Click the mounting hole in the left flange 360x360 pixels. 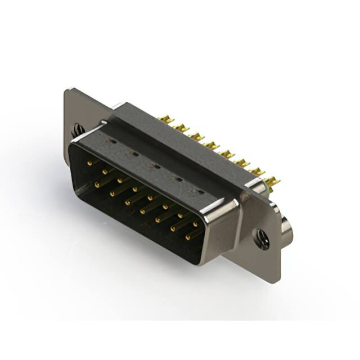[x=78, y=130]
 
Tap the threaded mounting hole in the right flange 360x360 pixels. [x=262, y=239]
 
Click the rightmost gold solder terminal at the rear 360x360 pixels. [x=272, y=182]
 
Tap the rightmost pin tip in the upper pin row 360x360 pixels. [x=195, y=224]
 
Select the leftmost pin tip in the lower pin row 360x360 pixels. [x=97, y=184]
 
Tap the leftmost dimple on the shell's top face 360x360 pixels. [x=113, y=142]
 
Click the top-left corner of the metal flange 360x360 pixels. [x=67, y=90]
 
